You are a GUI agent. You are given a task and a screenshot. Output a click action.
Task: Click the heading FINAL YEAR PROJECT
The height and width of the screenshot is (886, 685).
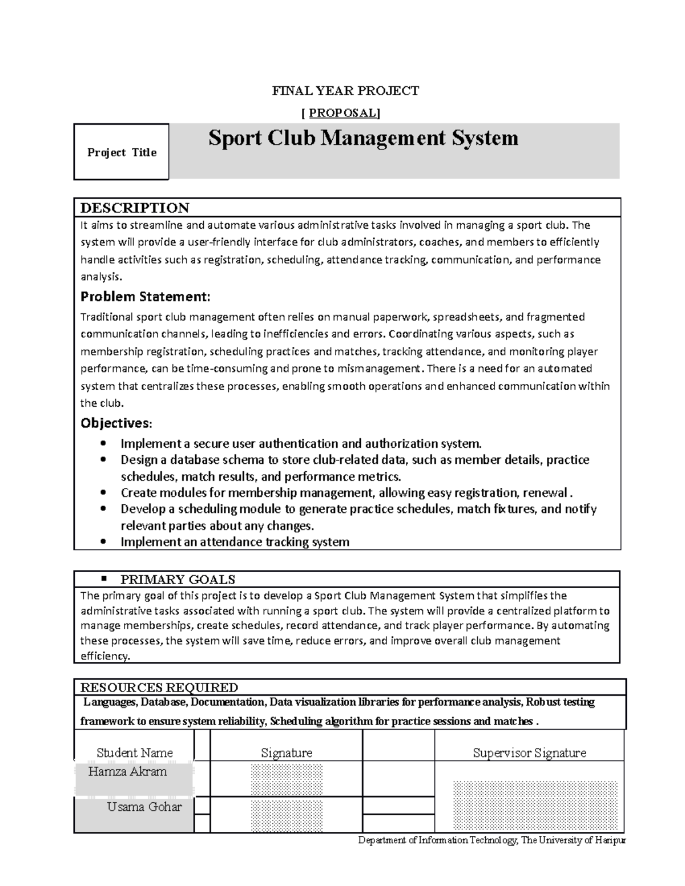pos(345,91)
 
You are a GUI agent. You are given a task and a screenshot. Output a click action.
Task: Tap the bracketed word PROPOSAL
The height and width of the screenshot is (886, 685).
pos(341,112)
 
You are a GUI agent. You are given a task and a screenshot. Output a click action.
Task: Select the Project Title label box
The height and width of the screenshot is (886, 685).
pos(121,152)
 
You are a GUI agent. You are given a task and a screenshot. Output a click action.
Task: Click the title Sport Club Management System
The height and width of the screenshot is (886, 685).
pos(363,138)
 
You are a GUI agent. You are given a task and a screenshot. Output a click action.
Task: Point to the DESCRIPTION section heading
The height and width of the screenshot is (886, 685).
pos(135,208)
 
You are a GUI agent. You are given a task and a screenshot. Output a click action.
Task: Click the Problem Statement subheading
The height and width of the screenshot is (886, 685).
pos(146,297)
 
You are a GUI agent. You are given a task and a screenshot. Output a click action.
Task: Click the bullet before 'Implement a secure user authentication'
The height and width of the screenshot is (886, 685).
pos(103,444)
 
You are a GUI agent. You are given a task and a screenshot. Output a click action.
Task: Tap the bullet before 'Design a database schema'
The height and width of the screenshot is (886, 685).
pos(103,460)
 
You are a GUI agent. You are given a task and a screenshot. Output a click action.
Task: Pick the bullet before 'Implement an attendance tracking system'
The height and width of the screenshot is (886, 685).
pos(103,542)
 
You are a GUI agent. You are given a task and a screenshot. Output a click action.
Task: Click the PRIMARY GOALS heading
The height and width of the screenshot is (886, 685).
pos(178,580)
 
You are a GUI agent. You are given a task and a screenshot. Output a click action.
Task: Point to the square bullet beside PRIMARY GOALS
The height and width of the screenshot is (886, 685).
pos(104,579)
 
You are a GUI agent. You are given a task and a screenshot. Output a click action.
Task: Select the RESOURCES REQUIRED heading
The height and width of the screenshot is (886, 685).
pos(159,687)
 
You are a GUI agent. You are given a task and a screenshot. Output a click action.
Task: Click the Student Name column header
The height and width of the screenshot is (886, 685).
pos(135,753)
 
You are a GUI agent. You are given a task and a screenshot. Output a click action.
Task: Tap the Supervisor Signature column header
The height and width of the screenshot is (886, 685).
pos(529,753)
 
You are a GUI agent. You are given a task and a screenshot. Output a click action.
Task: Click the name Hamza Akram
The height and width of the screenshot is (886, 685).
pos(128,772)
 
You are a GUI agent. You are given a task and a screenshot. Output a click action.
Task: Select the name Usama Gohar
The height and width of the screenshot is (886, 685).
pos(144,807)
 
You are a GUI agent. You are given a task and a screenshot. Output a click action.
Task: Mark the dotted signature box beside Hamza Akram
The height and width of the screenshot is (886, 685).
pos(287,780)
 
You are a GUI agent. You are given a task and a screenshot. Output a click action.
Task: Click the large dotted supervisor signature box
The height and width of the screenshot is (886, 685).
pos(535,805)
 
